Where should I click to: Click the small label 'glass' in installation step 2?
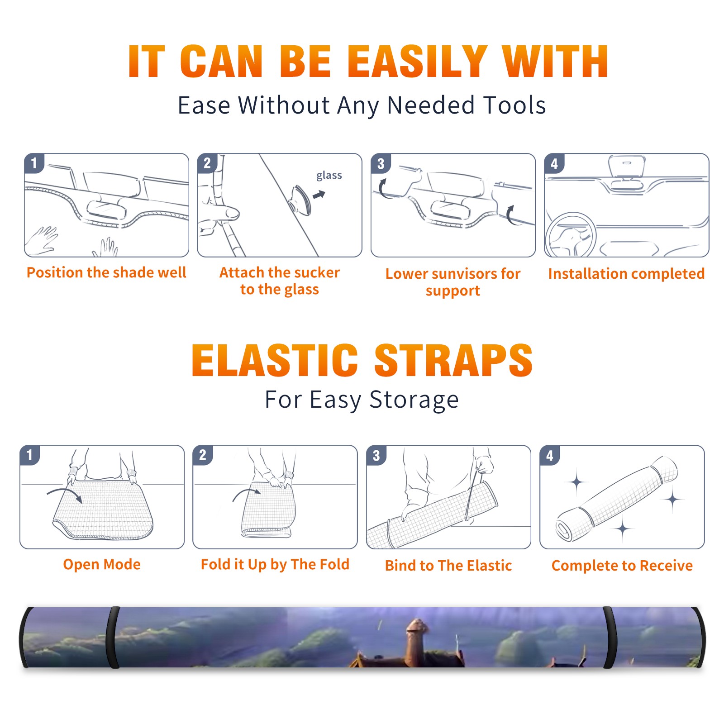point(329,176)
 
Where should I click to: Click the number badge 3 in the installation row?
point(381,163)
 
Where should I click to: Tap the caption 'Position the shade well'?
point(106,272)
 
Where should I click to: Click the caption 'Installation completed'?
point(626,274)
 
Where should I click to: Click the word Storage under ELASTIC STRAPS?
point(414,400)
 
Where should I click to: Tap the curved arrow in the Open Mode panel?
point(65,493)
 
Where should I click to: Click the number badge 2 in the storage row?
point(203,455)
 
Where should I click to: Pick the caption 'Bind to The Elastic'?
point(448,566)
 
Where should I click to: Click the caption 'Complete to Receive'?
point(622,566)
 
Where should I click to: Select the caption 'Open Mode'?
point(102,564)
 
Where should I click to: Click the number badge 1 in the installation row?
point(34,163)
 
